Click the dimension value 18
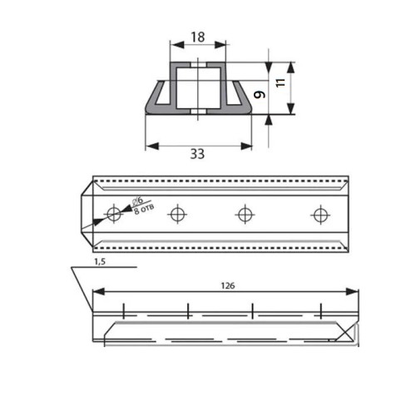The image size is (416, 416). click(x=198, y=37)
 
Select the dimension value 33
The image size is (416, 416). click(x=197, y=154)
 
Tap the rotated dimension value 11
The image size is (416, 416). click(x=281, y=82)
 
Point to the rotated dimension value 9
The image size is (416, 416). click(x=260, y=95)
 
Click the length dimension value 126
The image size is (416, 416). click(x=228, y=285)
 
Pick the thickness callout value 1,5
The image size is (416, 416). click(x=100, y=261)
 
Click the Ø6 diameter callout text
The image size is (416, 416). click(x=138, y=201)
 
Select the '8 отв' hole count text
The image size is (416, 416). click(x=144, y=210)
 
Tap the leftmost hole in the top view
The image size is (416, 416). click(x=114, y=214)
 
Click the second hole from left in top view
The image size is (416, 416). click(x=177, y=214)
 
